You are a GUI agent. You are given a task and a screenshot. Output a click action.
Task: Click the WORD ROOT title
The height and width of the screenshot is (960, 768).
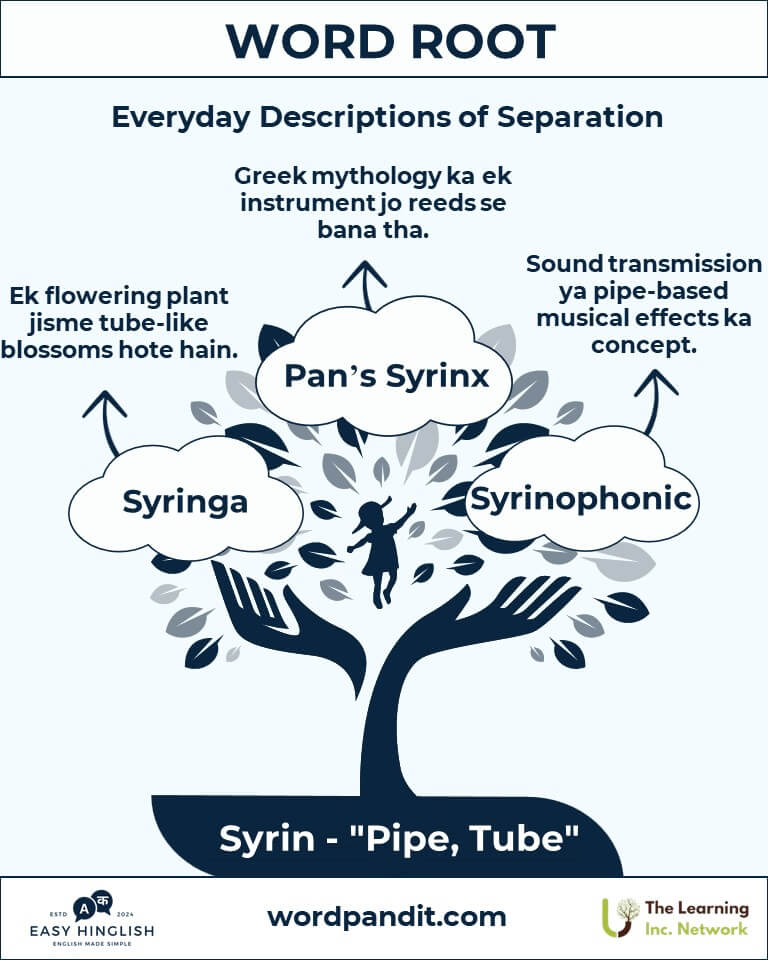[391, 42]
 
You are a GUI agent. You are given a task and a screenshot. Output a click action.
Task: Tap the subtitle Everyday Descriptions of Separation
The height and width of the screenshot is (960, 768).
[387, 116]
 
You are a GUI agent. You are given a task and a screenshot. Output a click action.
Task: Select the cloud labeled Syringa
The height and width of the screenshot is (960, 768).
[186, 497]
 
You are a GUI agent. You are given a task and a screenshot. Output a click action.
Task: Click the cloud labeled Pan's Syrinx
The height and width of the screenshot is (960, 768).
[384, 366]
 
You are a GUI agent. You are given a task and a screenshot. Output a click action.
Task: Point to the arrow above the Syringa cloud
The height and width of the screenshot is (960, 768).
[106, 422]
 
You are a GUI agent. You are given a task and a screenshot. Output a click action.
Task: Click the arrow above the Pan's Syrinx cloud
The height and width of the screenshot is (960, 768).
[365, 285]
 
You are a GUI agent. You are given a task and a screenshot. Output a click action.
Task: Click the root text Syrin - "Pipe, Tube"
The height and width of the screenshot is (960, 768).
[399, 838]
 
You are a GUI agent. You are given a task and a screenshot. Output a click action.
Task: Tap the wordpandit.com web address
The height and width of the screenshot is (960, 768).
[387, 917]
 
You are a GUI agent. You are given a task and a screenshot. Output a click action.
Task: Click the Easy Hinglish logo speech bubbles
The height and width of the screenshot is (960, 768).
[93, 906]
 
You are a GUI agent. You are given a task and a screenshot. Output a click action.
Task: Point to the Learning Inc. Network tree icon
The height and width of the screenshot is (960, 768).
[620, 917]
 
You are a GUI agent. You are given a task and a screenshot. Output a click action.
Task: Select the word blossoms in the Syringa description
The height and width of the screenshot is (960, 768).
[56, 350]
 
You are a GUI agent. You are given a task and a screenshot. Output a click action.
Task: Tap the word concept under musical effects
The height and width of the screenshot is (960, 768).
[644, 345]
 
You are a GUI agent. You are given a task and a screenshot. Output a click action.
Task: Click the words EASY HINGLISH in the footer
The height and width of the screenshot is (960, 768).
[92, 931]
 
